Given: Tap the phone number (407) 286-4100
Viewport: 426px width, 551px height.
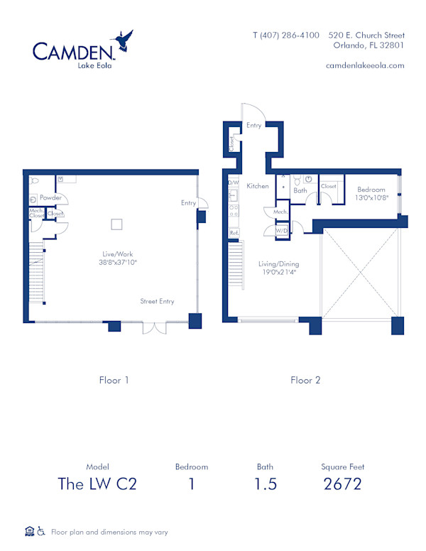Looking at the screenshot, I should tap(286, 35).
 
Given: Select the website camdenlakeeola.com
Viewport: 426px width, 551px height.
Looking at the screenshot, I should tap(364, 65).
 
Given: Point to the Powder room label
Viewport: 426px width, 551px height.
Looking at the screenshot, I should tap(50, 197).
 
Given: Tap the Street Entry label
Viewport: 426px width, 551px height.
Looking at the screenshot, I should tap(157, 301).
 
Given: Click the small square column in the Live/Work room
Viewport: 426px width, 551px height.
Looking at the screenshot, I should tap(117, 225).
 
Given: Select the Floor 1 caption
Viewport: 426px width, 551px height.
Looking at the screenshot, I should tap(114, 380).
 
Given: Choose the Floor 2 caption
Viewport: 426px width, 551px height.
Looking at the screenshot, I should tap(305, 380).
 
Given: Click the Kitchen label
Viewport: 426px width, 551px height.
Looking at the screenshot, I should tap(258, 186).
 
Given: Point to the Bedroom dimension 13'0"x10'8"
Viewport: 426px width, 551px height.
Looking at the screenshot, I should tap(371, 198).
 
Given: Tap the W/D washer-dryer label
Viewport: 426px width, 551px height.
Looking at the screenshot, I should tap(281, 230).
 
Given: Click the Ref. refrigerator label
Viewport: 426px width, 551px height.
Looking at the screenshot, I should tap(234, 233).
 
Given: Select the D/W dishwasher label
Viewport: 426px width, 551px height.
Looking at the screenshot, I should tap(233, 182).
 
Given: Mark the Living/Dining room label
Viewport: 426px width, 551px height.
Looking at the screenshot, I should tap(278, 263).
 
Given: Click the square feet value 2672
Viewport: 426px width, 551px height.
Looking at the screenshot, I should tap(342, 484).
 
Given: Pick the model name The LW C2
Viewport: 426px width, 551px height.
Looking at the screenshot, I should tap(97, 484).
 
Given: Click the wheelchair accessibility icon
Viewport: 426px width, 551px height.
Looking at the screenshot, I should tap(41, 530).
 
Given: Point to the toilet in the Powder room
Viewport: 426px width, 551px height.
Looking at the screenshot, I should tap(33, 199).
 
